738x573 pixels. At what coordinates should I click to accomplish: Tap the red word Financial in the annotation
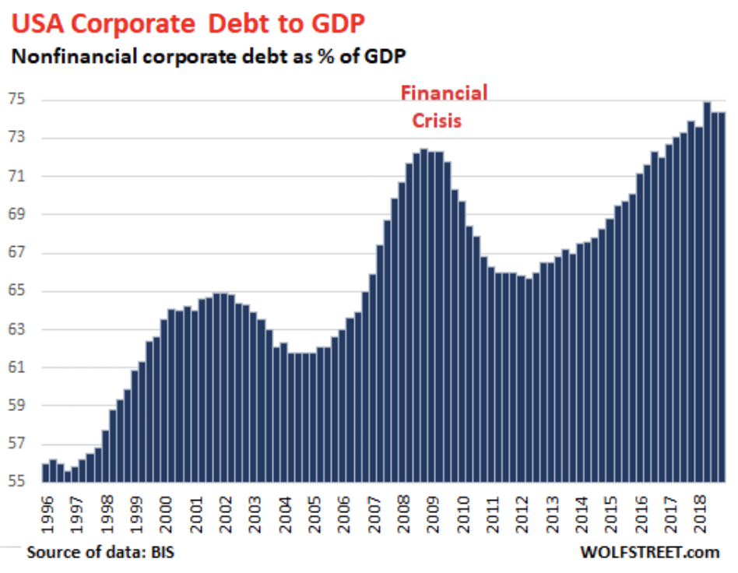click(x=444, y=93)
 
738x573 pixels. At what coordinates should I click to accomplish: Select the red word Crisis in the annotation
click(x=436, y=121)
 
